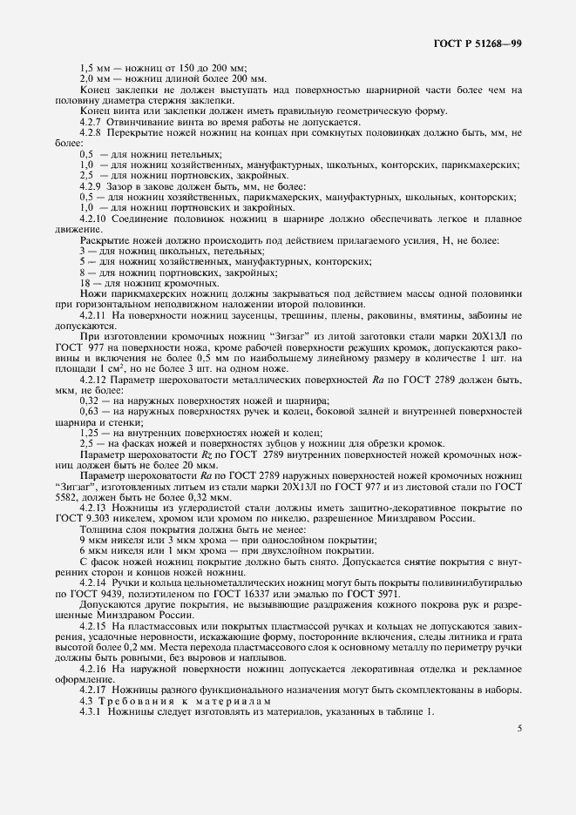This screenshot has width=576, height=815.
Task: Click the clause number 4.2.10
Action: (x=93, y=220)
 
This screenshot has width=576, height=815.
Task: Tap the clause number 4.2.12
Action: (x=93, y=380)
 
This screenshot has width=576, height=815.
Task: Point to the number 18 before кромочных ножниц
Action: (x=85, y=284)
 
